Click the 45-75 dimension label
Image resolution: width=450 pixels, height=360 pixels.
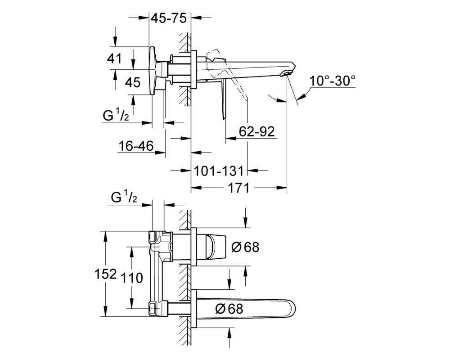(x=169, y=18)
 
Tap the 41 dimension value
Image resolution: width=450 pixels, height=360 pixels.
(x=114, y=58)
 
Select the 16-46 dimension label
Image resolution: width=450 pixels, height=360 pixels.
(x=136, y=146)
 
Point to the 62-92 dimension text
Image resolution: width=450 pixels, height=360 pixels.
(x=257, y=131)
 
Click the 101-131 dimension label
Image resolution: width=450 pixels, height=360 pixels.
(x=219, y=171)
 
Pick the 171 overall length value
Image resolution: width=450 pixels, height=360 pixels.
(x=238, y=188)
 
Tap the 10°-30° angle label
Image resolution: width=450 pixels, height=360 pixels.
(x=333, y=81)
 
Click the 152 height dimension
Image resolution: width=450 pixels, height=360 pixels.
(x=106, y=274)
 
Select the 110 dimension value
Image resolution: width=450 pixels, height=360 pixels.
(x=132, y=278)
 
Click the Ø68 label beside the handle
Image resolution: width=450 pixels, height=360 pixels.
(x=245, y=247)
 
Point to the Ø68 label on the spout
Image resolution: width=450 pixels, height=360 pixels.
(x=229, y=309)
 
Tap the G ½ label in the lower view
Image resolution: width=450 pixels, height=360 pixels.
(x=124, y=198)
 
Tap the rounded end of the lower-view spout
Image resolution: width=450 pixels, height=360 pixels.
(x=293, y=309)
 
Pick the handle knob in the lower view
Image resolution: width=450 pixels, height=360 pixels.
(x=217, y=247)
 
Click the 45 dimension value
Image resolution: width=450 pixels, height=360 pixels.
(x=133, y=83)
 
